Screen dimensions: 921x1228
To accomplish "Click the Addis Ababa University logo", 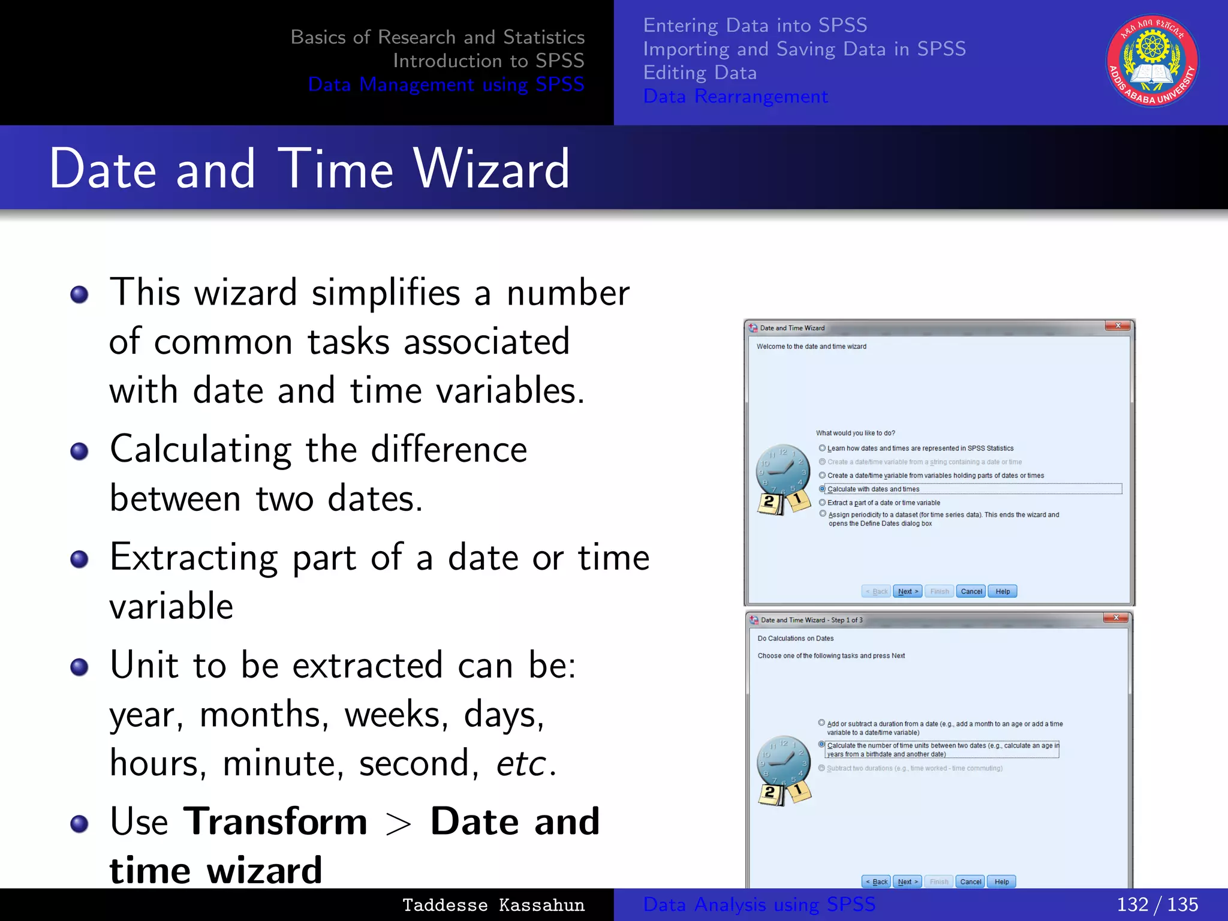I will coord(1152,61).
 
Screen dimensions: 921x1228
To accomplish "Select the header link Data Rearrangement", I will coord(735,97).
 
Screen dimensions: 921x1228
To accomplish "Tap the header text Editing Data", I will coord(700,73).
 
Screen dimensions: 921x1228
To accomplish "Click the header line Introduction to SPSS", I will coord(488,61).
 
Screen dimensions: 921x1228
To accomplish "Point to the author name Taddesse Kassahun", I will coord(493,905).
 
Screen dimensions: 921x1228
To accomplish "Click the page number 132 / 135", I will coord(1157,904).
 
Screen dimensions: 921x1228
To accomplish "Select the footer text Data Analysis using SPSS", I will coord(759,904).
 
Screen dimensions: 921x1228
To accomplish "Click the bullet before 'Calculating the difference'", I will coord(79,451).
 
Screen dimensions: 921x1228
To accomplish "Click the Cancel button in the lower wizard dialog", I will coord(970,881).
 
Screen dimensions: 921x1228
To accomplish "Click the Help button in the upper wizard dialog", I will coord(1003,591).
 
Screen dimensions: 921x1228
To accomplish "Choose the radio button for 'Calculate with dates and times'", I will coord(822,489).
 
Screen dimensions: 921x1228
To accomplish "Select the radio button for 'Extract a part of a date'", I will coord(823,502).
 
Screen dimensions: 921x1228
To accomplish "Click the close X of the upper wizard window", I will coord(1118,326).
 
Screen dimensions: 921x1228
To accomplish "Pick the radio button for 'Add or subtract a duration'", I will coord(821,723).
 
